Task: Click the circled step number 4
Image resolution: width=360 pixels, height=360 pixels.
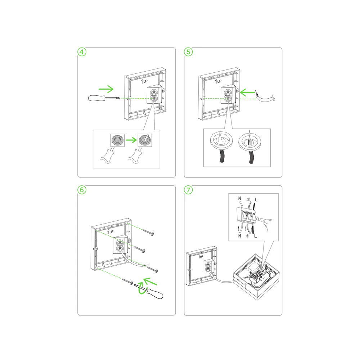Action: (82, 52)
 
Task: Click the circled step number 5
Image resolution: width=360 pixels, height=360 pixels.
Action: (189, 52)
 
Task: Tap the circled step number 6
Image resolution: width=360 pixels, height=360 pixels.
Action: (82, 190)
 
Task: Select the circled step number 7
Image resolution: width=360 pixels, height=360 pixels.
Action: (189, 190)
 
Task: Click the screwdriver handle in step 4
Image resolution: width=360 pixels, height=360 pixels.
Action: (96, 98)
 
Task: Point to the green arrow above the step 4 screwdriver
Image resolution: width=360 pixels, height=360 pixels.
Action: (106, 89)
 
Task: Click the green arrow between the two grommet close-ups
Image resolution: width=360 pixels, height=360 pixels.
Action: (131, 140)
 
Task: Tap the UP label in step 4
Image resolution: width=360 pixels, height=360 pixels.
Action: (144, 81)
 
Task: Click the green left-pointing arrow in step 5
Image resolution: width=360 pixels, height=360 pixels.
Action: (247, 93)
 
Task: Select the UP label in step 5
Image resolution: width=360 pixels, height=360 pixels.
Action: (219, 81)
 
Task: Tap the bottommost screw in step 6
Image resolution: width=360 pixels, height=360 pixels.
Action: (128, 282)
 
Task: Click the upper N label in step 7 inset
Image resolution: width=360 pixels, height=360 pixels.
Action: (240, 198)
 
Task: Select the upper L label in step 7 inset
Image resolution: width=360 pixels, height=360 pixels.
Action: (256, 199)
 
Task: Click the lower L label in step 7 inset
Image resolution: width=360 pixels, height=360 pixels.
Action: (255, 236)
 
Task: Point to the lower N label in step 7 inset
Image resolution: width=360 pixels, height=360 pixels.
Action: (240, 236)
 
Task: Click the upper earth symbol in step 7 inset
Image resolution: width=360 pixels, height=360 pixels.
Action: (248, 199)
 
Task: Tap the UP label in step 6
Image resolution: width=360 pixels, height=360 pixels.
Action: (111, 231)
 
